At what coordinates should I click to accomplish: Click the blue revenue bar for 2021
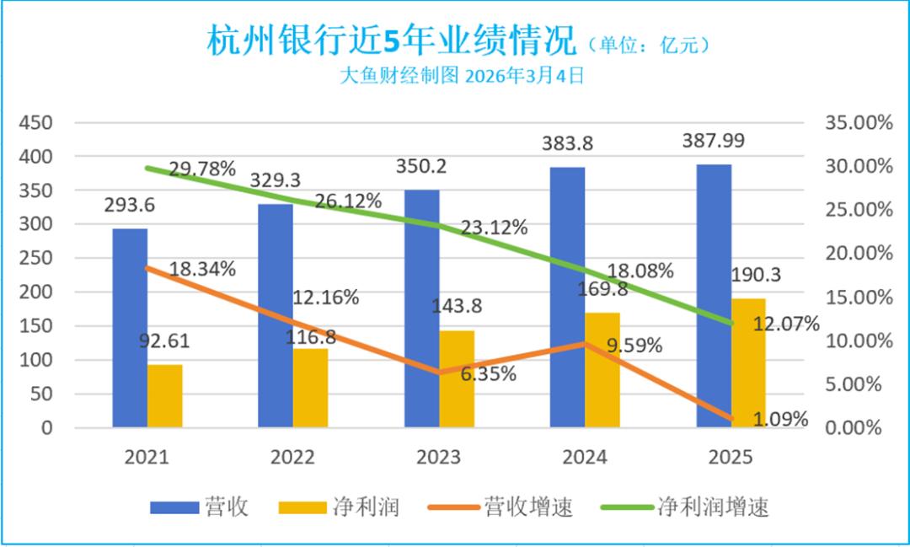click(130, 328)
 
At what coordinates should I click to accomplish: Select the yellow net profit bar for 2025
click(748, 362)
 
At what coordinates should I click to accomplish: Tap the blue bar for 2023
click(421, 308)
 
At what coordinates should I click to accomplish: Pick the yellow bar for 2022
click(310, 388)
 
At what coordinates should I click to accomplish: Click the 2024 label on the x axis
click(584, 458)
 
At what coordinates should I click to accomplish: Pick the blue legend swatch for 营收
click(174, 507)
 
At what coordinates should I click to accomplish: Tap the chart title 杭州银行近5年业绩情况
click(390, 40)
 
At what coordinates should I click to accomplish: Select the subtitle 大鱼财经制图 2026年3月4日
click(462, 76)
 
